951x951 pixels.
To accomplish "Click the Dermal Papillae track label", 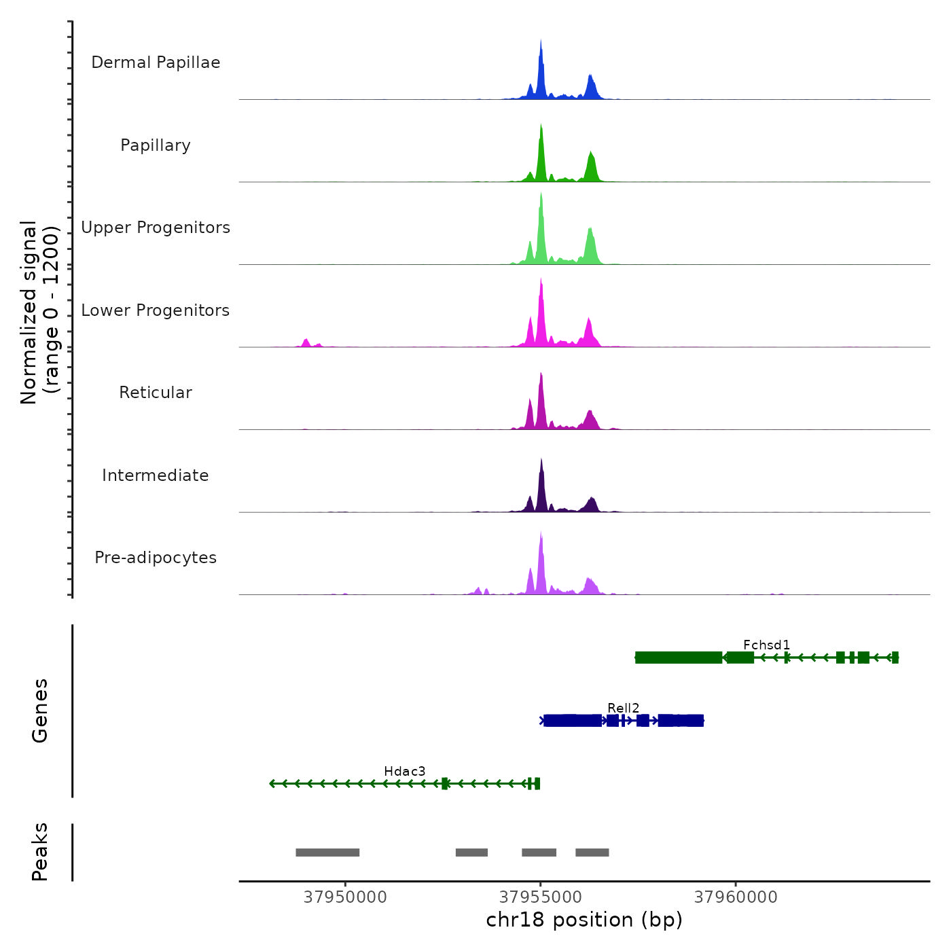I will coord(156,62).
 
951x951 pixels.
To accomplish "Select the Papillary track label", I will coord(156,145).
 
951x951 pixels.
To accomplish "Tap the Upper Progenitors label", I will coord(156,228).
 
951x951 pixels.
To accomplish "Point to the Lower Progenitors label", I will coord(156,310).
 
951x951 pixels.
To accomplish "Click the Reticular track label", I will coord(156,393).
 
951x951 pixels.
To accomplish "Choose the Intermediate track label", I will coord(156,475).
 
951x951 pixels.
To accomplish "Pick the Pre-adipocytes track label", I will coord(156,558).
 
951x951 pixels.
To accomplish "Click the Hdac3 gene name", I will coord(404,771).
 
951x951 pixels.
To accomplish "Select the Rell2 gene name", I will coord(623,708).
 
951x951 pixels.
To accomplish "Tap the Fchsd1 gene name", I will coord(766,645).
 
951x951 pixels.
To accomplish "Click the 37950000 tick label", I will coord(345,897).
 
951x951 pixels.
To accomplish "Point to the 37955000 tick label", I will coord(541,897).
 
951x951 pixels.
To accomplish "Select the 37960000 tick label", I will coord(736,897).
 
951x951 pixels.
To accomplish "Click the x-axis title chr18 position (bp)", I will coord(584,920).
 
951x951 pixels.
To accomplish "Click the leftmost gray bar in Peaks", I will coord(327,853).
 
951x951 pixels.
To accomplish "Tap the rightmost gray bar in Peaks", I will coord(592,853).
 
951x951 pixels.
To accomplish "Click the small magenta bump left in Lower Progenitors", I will coord(306,342).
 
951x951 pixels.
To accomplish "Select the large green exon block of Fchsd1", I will coord(679,658).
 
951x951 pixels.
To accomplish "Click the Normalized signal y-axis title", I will coord(39,312).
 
